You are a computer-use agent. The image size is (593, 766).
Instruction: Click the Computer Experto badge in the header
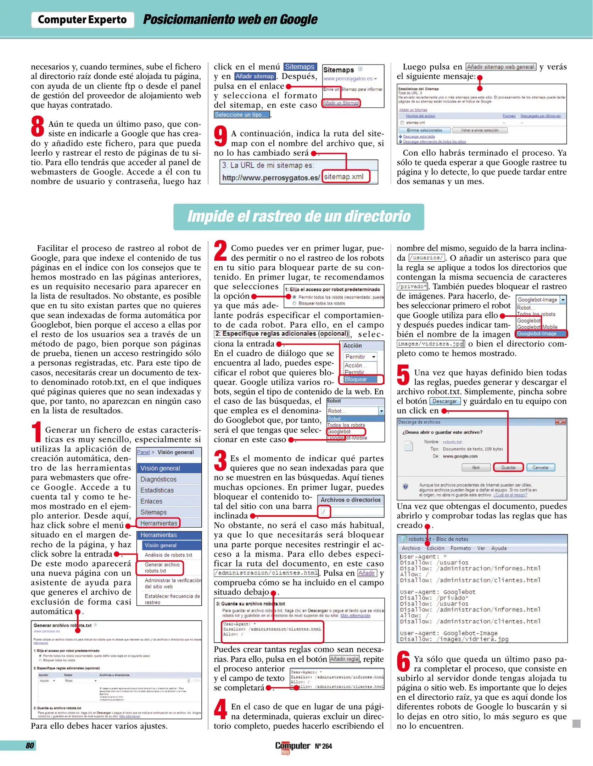coord(82,20)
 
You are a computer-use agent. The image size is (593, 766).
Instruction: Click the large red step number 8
coord(38,127)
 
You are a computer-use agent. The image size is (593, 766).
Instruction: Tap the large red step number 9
coord(220,136)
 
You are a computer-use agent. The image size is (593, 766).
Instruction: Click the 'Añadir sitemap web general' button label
coord(500,67)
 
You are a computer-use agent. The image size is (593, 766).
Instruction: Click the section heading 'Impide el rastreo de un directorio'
coord(298,217)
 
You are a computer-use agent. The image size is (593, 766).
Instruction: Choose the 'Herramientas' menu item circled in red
coord(158,523)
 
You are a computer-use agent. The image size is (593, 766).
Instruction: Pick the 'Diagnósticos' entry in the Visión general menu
coord(158,479)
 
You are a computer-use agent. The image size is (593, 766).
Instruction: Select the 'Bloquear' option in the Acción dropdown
coord(356,379)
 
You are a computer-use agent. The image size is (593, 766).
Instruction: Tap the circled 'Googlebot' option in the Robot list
coord(340,432)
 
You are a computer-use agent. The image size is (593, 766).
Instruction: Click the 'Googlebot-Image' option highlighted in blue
coord(537,334)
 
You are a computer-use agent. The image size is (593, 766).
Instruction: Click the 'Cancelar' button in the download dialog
coord(540,467)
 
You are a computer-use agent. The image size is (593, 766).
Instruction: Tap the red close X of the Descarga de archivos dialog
coord(560,422)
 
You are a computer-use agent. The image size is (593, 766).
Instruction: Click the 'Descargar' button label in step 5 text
coord(444,401)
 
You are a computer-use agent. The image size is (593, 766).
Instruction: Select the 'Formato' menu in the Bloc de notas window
coord(460,548)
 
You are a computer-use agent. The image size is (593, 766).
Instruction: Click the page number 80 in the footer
coord(30,745)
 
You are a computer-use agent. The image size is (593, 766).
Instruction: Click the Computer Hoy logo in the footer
coord(292,746)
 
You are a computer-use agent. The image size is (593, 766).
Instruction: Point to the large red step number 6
coord(403,661)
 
